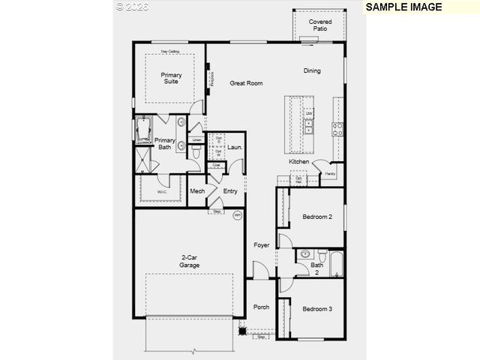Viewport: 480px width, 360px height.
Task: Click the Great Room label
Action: coord(246,83)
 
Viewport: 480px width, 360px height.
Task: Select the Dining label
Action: coord(312,71)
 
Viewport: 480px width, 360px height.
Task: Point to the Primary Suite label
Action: coord(171,78)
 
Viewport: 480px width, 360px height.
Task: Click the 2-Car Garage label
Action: coord(190,262)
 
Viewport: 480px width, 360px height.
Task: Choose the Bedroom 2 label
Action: coord(316,217)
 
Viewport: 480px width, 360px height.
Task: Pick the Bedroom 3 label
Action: coord(316,309)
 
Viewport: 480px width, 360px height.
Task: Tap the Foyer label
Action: coord(261,245)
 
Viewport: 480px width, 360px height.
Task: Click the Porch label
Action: coord(261,307)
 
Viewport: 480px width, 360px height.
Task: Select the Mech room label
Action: coord(197,191)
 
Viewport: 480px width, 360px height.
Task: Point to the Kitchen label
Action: coord(299,162)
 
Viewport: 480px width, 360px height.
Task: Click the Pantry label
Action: coord(330,174)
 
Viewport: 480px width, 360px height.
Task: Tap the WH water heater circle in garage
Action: coord(238,215)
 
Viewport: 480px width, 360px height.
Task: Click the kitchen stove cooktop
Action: coord(337,127)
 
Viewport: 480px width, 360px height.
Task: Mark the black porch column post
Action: coord(242,330)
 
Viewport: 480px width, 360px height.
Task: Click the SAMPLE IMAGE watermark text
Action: coord(403,7)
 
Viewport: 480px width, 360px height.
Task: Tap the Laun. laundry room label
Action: coord(234,148)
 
